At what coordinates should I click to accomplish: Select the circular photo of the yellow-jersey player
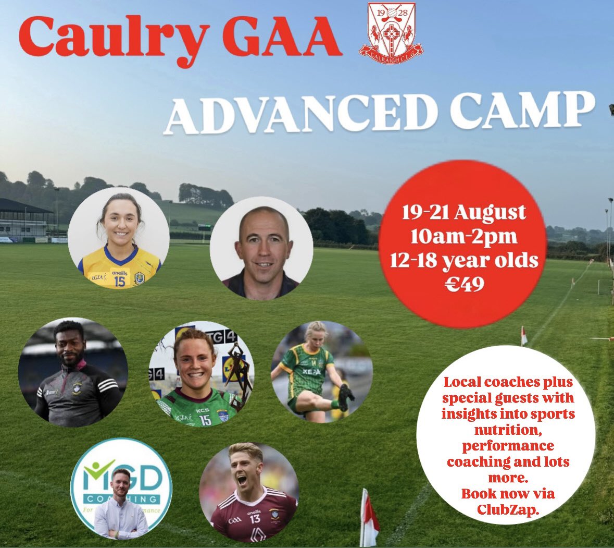click(x=119, y=238)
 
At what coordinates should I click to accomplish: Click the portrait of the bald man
click(x=261, y=248)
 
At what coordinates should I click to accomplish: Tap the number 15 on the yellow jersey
click(x=119, y=280)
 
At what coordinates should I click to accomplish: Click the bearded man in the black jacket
click(x=72, y=372)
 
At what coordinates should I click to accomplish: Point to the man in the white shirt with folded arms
click(x=121, y=508)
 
